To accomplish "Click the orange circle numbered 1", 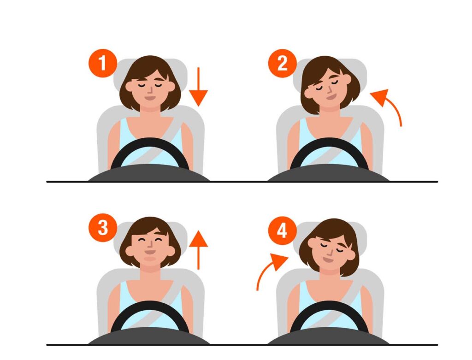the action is [x=103, y=63].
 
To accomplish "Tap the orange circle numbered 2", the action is [x=283, y=63].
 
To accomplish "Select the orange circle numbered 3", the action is [x=103, y=228].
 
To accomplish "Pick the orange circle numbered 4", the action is [x=283, y=231].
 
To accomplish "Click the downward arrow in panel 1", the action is [x=198, y=87].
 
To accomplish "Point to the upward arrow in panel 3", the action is [x=198, y=250].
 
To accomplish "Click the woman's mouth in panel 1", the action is [x=150, y=98].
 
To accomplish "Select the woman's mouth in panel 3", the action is [x=150, y=251].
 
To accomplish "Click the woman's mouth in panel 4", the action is [x=328, y=259].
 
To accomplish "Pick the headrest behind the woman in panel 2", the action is [x=330, y=75].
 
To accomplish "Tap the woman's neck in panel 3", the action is [x=151, y=267].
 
